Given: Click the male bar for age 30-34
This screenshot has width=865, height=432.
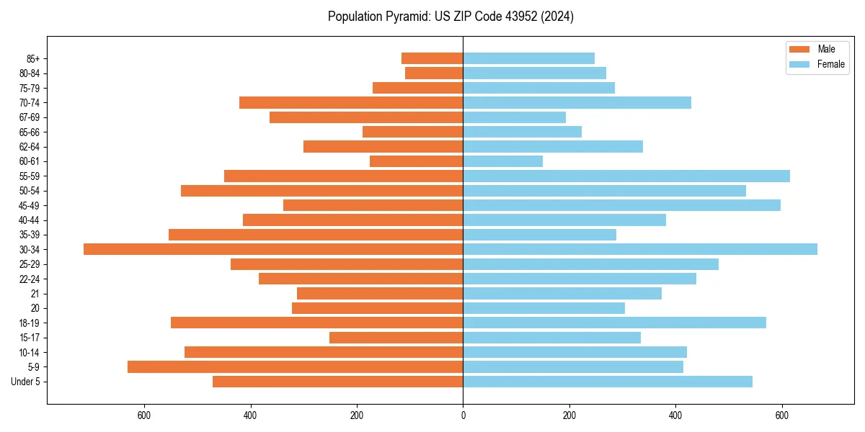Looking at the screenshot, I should pos(273,249).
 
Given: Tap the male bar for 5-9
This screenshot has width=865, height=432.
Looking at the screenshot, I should pos(296,366).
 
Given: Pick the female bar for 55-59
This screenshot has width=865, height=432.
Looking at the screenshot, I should pos(626,176).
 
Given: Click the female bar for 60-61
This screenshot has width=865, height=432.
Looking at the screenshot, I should pos(502,161).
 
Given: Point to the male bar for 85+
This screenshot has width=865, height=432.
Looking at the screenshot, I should pos(432,58).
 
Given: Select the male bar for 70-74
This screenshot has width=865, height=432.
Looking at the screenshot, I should pos(351,102).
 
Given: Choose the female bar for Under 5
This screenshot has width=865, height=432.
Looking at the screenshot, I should pos(608,382).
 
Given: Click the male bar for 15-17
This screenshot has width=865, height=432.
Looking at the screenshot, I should pos(396,338).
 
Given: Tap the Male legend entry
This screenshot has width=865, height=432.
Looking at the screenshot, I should pos(826,49).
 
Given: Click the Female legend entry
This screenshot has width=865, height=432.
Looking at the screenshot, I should pos(830,64).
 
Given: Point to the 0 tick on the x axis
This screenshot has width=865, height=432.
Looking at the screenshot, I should pos(463,415).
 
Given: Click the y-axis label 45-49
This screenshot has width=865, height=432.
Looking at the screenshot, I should pos(29,205).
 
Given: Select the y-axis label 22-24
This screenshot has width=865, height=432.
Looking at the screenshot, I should pos(29,279).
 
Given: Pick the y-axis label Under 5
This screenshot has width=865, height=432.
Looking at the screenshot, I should pos(26,382).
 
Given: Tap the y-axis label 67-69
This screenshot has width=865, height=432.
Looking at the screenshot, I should pos(29,117).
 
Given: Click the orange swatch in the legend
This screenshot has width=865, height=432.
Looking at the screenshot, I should pos(800,49).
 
